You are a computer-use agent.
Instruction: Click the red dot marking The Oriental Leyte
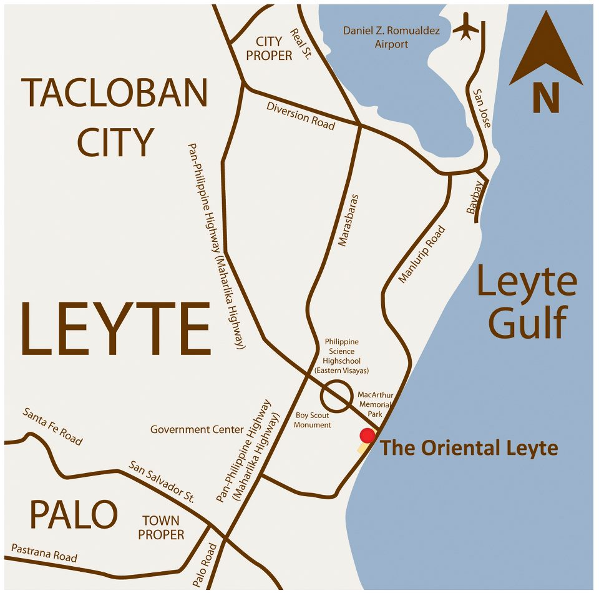click(x=368, y=436)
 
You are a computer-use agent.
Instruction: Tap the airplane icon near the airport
click(x=465, y=26)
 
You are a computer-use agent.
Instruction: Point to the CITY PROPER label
click(x=269, y=49)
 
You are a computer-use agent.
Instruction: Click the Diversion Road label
click(x=301, y=116)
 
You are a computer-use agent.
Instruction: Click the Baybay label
click(x=475, y=197)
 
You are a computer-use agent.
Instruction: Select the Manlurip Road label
click(x=422, y=254)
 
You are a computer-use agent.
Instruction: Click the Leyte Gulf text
click(x=527, y=302)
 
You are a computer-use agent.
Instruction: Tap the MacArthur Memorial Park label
click(x=375, y=404)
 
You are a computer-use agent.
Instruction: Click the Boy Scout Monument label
click(x=313, y=420)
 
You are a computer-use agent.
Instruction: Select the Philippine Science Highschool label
click(x=342, y=356)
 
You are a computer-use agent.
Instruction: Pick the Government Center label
click(x=197, y=429)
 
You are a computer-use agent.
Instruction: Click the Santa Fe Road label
click(x=52, y=426)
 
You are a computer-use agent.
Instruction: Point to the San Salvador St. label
click(x=162, y=482)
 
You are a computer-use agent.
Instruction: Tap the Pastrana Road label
click(x=44, y=552)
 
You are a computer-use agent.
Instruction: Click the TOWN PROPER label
click(x=161, y=527)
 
